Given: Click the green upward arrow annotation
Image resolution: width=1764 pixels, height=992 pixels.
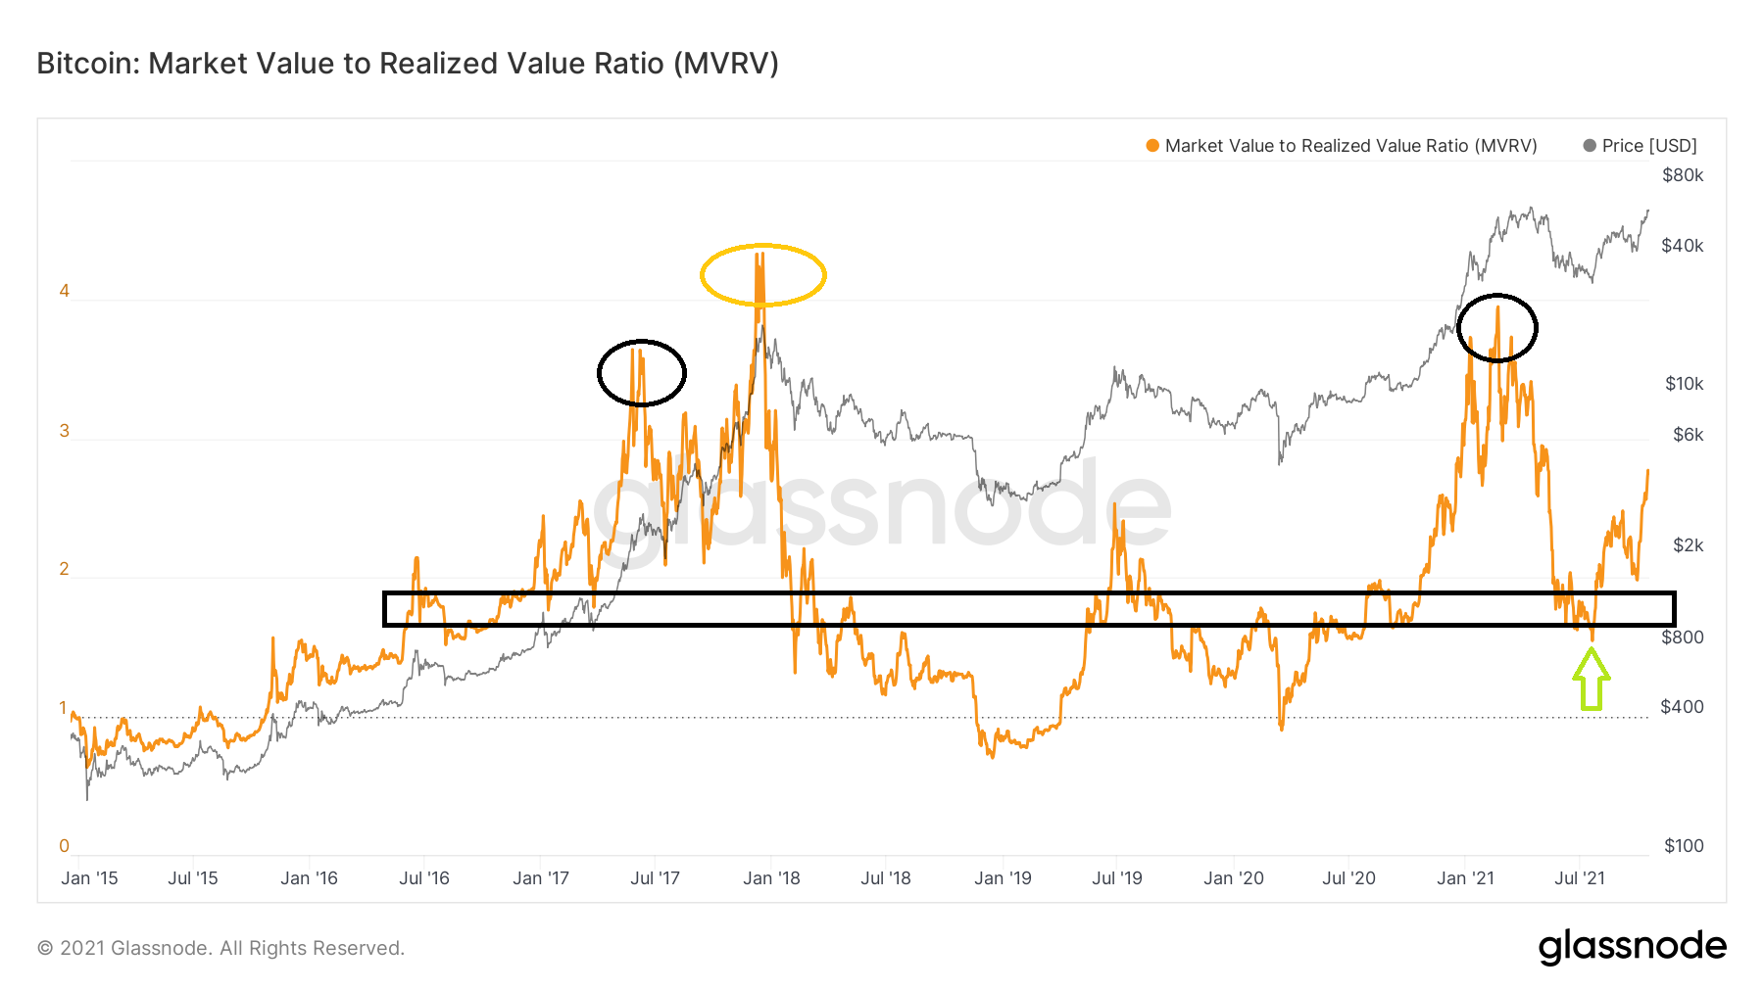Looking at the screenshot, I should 1591,680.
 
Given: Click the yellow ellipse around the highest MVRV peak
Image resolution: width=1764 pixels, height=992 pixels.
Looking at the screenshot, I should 762,275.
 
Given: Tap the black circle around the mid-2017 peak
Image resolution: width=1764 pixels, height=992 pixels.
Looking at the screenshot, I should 641,372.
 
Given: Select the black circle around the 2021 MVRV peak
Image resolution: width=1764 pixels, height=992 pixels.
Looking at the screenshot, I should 1496,328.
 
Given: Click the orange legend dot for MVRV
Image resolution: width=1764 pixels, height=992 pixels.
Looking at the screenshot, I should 1152,146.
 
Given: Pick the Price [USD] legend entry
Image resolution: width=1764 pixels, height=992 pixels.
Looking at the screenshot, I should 1648,146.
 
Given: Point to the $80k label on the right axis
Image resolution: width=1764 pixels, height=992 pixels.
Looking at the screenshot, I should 1683,175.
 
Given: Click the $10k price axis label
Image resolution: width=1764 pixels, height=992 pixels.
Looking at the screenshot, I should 1684,384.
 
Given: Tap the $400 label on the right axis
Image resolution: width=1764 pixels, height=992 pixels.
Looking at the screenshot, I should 1682,707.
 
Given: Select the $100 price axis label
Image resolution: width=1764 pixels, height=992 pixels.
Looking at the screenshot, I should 1683,846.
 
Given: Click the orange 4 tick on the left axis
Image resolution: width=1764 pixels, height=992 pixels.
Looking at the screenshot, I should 65,291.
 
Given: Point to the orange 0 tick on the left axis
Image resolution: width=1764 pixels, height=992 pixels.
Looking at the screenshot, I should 65,846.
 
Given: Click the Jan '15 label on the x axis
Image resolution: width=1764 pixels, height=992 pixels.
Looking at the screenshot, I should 89,878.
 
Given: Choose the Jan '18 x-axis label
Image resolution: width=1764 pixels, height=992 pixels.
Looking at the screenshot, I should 771,878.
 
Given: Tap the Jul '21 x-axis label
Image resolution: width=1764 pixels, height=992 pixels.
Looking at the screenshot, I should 1580,878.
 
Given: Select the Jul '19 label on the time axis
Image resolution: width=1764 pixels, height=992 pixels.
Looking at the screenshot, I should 1117,878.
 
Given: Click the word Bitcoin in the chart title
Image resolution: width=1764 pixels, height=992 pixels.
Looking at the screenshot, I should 88,64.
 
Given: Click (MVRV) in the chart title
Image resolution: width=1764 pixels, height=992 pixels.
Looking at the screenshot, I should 726,64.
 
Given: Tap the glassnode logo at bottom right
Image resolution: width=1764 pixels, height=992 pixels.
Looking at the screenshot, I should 1632,947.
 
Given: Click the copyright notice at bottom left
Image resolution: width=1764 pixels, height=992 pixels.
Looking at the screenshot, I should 220,948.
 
